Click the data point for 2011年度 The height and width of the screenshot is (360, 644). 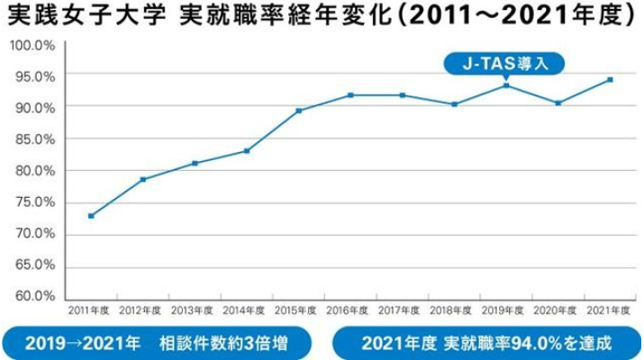91,216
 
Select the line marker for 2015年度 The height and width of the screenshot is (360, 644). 299,111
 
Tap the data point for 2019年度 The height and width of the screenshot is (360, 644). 506,85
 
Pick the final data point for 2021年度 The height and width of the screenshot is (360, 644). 610,79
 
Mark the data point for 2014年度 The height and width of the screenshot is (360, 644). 247,151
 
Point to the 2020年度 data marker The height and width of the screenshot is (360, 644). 558,103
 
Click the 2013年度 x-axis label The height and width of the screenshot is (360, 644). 192,310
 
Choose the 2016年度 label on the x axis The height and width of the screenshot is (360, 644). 348,310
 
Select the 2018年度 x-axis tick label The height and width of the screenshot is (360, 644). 451,310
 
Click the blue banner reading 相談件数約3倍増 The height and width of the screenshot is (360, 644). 158,343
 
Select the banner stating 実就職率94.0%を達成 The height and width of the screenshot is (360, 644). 486,343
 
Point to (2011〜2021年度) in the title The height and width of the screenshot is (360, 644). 528,17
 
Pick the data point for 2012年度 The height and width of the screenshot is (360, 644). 143,179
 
